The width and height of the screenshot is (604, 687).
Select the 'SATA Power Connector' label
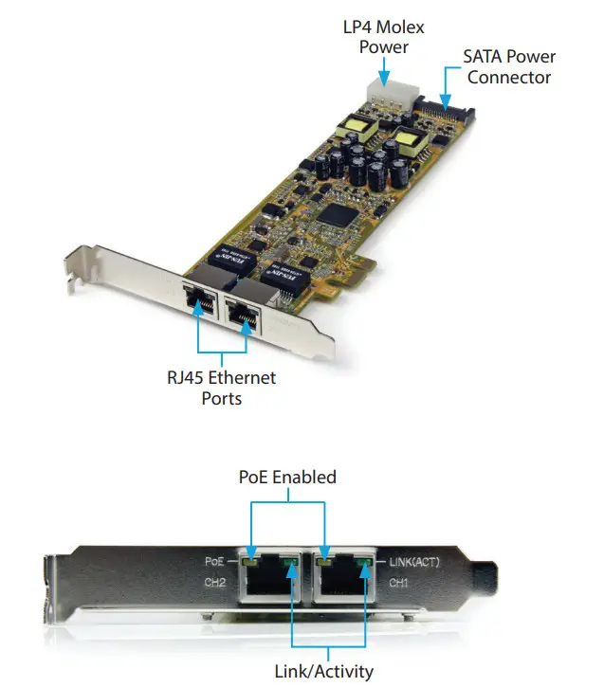click(x=508, y=67)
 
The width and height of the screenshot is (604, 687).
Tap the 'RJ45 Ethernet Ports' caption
click(x=221, y=388)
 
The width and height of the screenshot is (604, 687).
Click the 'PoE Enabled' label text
click(x=287, y=477)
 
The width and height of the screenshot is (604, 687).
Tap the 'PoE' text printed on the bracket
click(x=213, y=562)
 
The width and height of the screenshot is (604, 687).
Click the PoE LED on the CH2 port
click(x=250, y=563)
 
